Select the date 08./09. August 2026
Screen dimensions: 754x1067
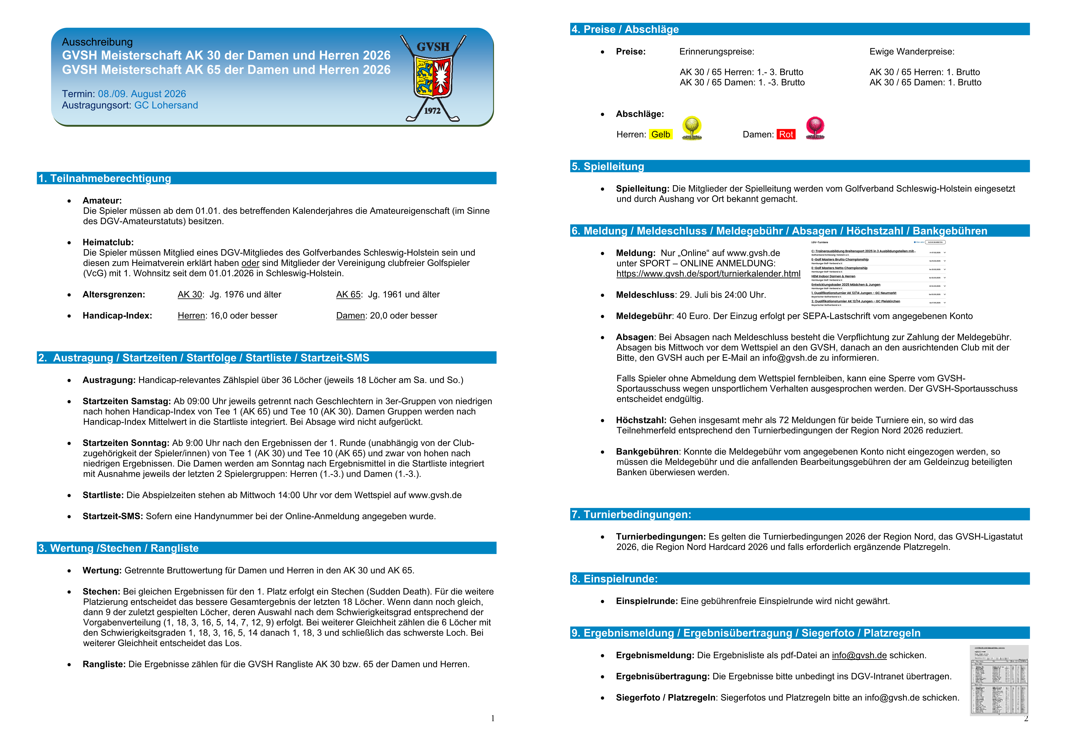coord(142,94)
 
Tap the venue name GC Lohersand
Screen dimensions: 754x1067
coord(166,106)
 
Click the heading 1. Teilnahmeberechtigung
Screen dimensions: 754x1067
coord(105,178)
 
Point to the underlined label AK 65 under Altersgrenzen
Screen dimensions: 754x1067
coord(348,295)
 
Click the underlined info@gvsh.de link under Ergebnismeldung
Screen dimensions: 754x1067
coord(859,656)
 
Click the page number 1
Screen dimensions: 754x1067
coord(493,719)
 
